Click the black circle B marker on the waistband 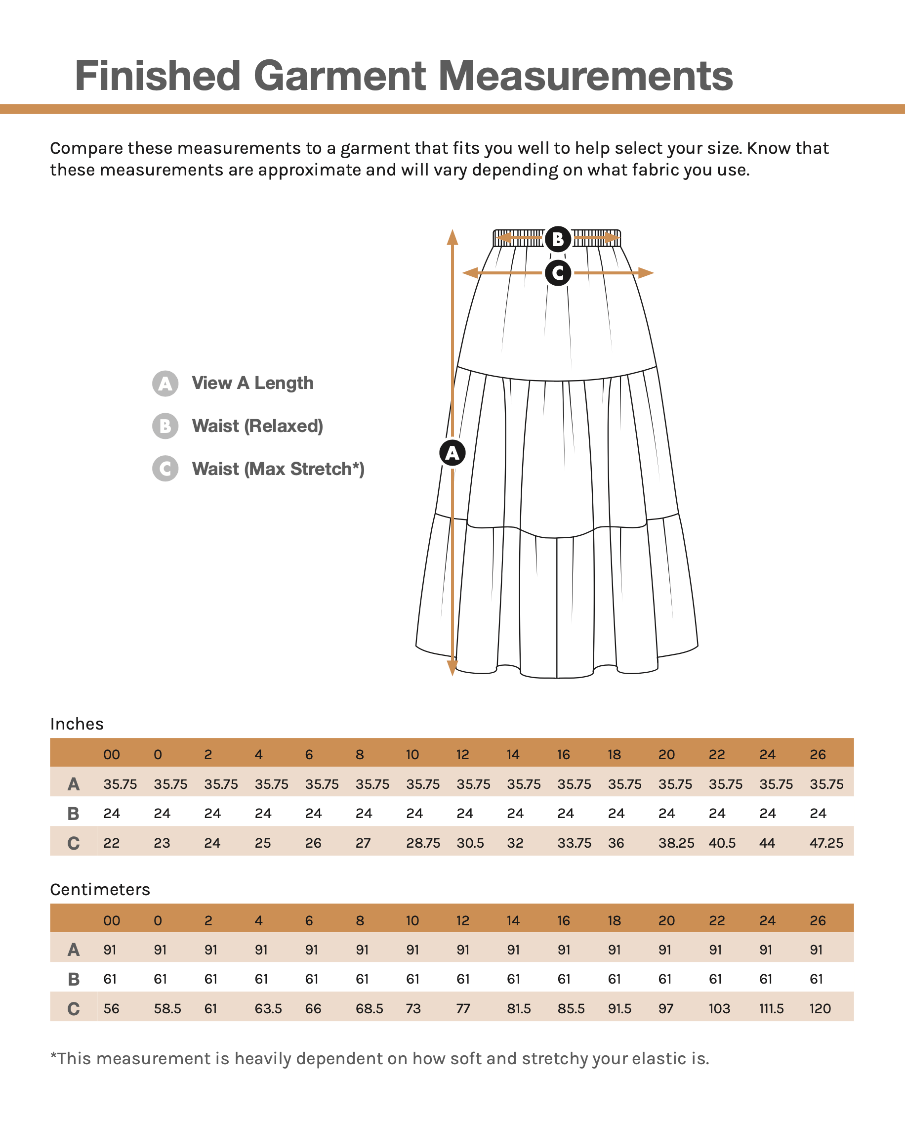558,239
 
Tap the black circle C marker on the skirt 558,273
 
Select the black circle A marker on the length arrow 452,452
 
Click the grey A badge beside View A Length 165,384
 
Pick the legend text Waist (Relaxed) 257,426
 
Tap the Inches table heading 77,724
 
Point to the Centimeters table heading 100,889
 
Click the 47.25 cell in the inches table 826,843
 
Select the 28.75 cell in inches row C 423,843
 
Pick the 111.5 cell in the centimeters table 771,1008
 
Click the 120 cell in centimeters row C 820,1008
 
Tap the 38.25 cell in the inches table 676,843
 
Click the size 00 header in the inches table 112,755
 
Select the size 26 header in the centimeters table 818,921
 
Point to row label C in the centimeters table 74,1009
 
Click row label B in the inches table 74,814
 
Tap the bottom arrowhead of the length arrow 452,668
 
